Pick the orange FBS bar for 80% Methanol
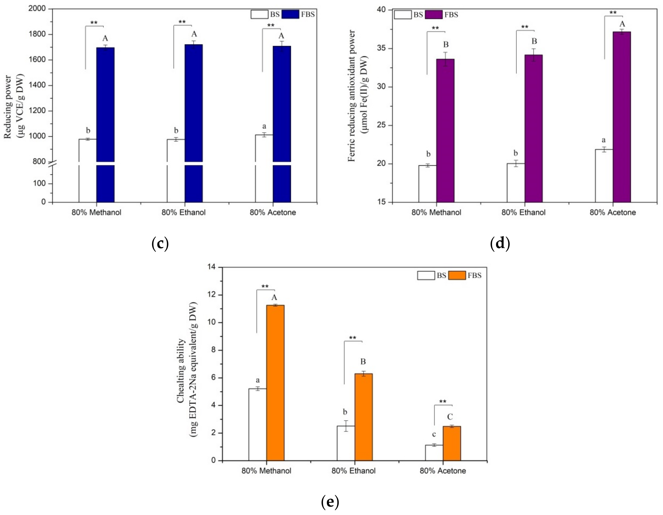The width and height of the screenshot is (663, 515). pyautogui.click(x=275, y=383)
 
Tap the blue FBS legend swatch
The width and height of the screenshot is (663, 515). pyautogui.click(x=290, y=14)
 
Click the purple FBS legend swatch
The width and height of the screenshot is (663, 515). pyautogui.click(x=434, y=15)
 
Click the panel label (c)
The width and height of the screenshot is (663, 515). pyautogui.click(x=160, y=244)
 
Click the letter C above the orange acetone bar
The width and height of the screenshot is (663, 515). pyautogui.click(x=450, y=417)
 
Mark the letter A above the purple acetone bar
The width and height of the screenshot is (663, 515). pyautogui.click(x=622, y=24)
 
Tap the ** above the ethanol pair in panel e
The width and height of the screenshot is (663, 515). pyautogui.click(x=352, y=338)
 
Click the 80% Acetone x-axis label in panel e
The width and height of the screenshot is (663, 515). pyautogui.click(x=443, y=471)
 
